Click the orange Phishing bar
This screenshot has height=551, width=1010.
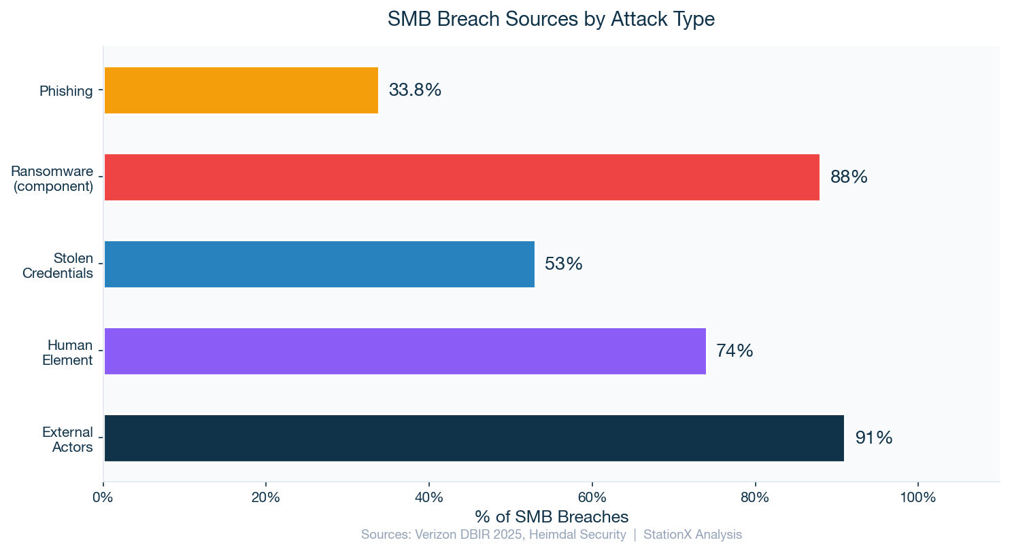241,90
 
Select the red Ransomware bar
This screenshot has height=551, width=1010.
461,177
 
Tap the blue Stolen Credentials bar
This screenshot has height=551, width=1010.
319,264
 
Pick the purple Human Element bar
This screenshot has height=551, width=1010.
405,351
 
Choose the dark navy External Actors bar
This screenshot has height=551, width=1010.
473,438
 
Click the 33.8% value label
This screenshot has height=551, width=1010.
415,90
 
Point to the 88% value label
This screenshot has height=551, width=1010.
849,177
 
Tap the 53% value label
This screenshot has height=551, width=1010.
564,264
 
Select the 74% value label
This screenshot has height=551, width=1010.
735,351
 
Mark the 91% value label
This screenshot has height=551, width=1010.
874,438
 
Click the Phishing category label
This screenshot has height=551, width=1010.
66,91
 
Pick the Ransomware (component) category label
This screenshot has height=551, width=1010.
53,178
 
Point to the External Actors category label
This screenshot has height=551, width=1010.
67,439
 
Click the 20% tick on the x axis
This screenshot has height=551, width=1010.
266,497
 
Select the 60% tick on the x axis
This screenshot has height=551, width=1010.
592,497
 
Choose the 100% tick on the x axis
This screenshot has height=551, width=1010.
918,497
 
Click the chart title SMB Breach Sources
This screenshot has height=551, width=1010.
551,19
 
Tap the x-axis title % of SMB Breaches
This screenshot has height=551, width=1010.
552,516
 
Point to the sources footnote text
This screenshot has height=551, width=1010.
552,535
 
